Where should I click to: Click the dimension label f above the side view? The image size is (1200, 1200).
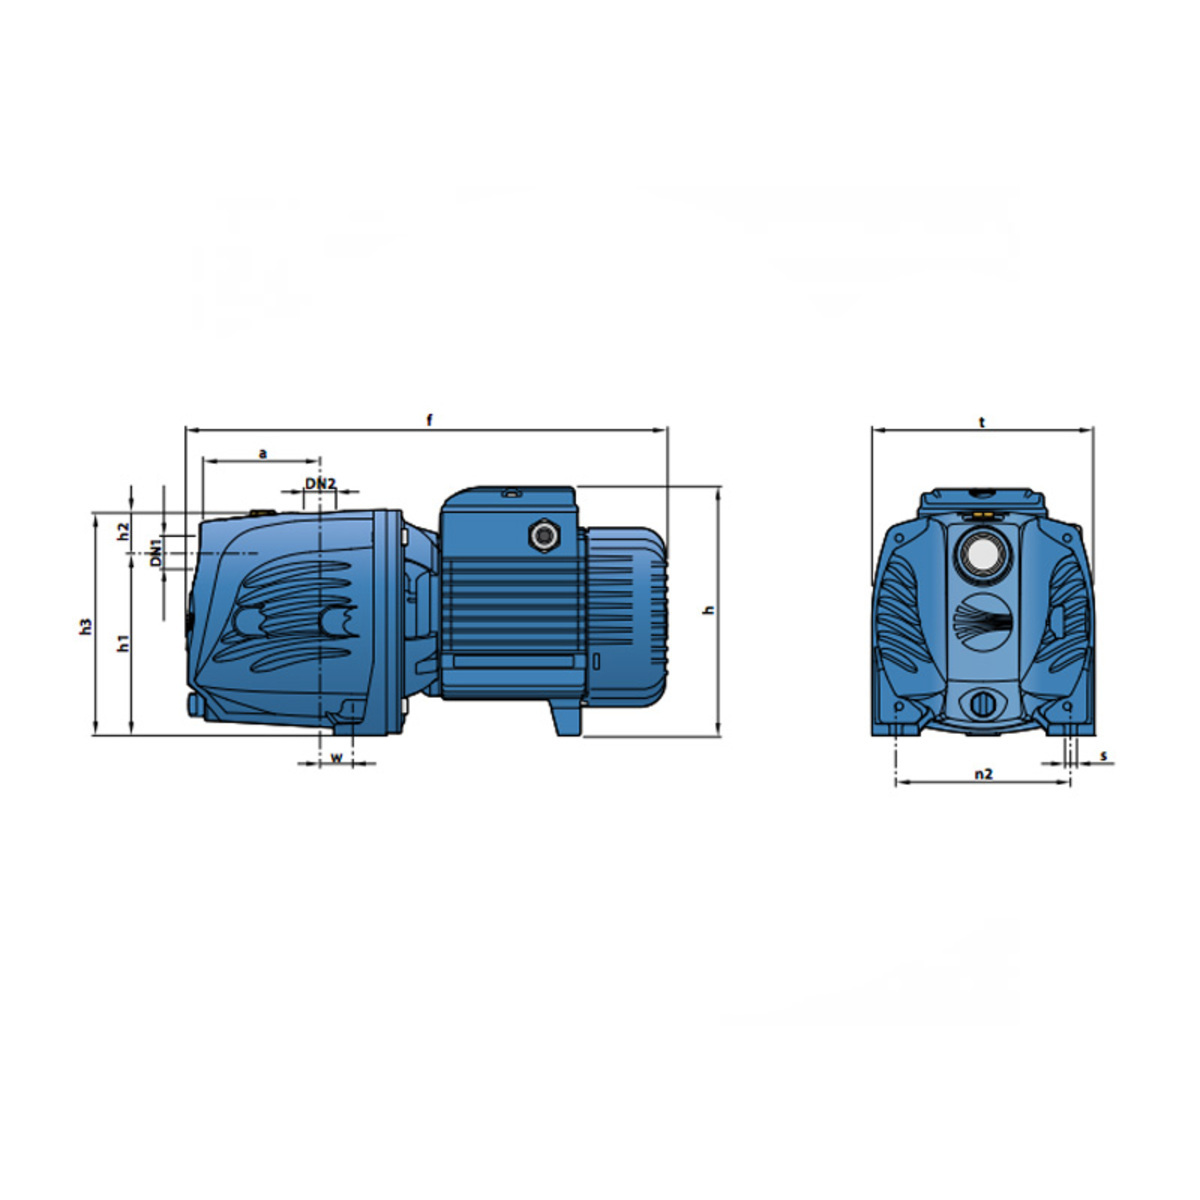tap(429, 420)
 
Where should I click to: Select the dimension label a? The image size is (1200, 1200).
tap(263, 454)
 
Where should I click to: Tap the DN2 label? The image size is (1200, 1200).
tap(320, 483)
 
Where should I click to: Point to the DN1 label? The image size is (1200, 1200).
tap(156, 552)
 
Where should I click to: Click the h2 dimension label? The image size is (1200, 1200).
tap(124, 531)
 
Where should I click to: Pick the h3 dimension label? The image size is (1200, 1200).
tap(86, 626)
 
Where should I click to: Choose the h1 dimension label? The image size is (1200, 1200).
tap(124, 644)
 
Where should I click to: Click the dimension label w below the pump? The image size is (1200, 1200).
tap(336, 758)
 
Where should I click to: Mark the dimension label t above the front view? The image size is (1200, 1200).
tap(982, 423)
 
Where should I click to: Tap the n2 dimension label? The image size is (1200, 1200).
tap(983, 774)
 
